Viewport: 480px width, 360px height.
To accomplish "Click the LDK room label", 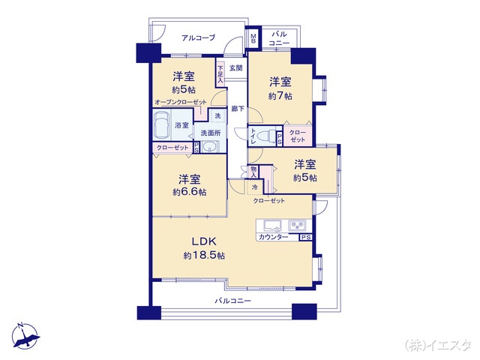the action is tap(204, 241).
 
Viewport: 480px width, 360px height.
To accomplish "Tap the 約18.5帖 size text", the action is tap(204, 255).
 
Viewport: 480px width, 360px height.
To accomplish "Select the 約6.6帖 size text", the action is tap(190, 192).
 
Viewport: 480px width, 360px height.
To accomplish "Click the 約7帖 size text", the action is tap(280, 96).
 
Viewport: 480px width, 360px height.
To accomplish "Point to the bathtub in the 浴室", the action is tap(162, 124).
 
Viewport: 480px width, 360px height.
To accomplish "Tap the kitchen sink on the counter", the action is tap(271, 226).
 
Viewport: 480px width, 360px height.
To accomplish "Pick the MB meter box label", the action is tap(253, 39).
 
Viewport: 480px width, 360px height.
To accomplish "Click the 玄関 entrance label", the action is tap(236, 68).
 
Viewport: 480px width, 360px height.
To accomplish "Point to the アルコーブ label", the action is tap(198, 38).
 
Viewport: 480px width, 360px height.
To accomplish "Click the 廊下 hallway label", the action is tap(238, 108).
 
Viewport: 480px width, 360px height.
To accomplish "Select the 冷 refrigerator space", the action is tap(255, 187).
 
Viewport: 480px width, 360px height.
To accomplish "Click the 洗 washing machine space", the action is tap(217, 115).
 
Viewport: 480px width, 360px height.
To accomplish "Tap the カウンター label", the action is tap(273, 237).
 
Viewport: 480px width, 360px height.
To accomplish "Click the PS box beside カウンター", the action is tap(306, 237).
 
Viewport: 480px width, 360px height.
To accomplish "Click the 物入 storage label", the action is tap(253, 172).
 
